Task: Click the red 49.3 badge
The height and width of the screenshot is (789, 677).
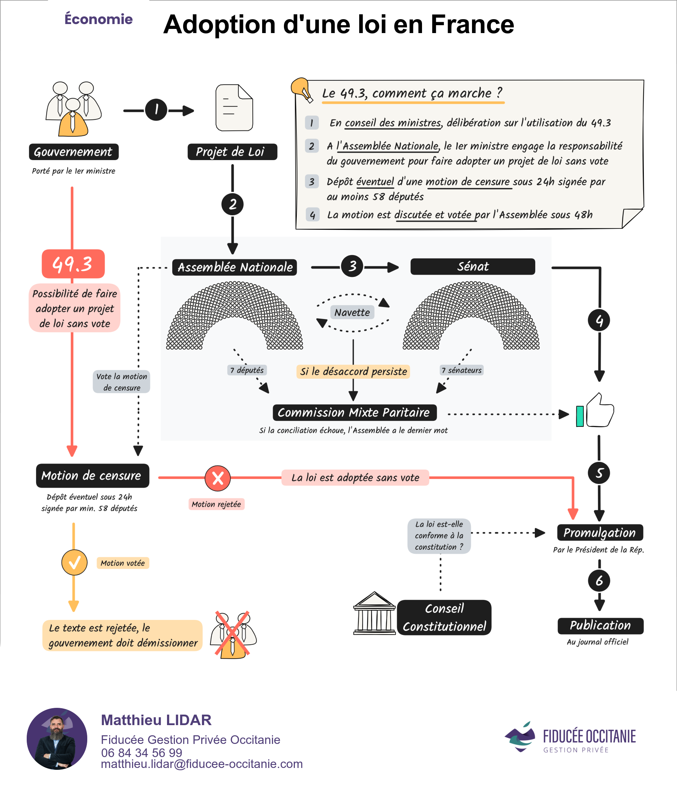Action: pyautogui.click(x=73, y=264)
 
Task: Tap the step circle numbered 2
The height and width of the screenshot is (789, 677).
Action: pyautogui.click(x=232, y=204)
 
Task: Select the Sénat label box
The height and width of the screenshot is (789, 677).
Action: pyautogui.click(x=472, y=266)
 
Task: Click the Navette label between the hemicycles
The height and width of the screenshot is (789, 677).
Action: pyautogui.click(x=352, y=312)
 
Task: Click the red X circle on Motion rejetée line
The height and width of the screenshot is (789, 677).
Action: pyautogui.click(x=218, y=478)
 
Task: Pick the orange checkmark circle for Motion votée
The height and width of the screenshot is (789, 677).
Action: pyautogui.click(x=74, y=562)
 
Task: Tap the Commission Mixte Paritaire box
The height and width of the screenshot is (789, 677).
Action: pyautogui.click(x=355, y=413)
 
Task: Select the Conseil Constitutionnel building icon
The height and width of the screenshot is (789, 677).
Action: pyautogui.click(x=374, y=614)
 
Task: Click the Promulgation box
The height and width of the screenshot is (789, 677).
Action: pyautogui.click(x=600, y=532)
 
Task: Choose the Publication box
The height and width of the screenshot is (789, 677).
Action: pyautogui.click(x=600, y=626)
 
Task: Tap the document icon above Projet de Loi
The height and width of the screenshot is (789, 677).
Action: pyautogui.click(x=234, y=108)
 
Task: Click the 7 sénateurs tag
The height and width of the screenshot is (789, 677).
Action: pyautogui.click(x=461, y=370)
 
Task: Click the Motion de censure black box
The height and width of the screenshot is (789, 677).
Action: pyautogui.click(x=93, y=476)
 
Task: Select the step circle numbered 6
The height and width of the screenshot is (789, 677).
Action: pyautogui.click(x=599, y=581)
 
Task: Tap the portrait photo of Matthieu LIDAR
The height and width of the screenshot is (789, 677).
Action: pyautogui.click(x=57, y=738)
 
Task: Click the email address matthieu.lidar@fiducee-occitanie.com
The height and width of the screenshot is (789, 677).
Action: pyautogui.click(x=202, y=764)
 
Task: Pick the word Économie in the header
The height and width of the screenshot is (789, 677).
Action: pyautogui.click(x=98, y=19)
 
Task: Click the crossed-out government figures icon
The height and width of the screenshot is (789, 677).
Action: pyautogui.click(x=233, y=635)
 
